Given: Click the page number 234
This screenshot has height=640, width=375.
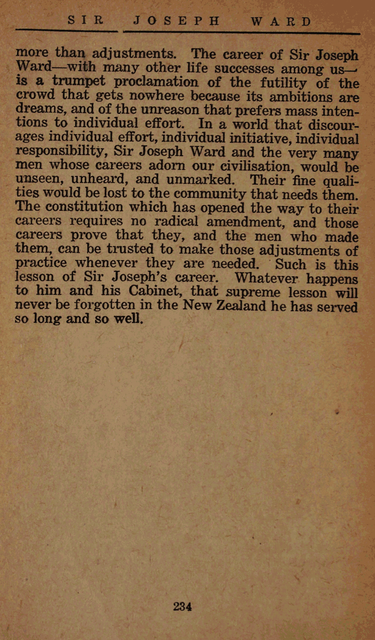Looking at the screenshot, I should (x=182, y=606).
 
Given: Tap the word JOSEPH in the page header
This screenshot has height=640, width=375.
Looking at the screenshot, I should (x=177, y=21).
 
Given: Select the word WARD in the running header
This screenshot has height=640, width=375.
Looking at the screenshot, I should (x=281, y=22).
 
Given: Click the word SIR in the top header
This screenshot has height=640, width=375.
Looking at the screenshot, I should (x=86, y=20).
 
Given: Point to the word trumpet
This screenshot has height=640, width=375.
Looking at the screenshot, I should (x=79, y=81).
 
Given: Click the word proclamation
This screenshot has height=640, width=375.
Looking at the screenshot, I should (x=156, y=82).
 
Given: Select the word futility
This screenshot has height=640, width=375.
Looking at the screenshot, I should (x=283, y=83).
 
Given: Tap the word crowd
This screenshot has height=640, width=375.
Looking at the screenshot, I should (x=35, y=95).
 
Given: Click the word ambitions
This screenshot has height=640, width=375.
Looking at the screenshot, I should (x=301, y=97).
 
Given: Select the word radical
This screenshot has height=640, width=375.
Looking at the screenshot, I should (x=176, y=221).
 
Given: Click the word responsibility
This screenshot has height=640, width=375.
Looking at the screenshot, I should (x=60, y=151).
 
